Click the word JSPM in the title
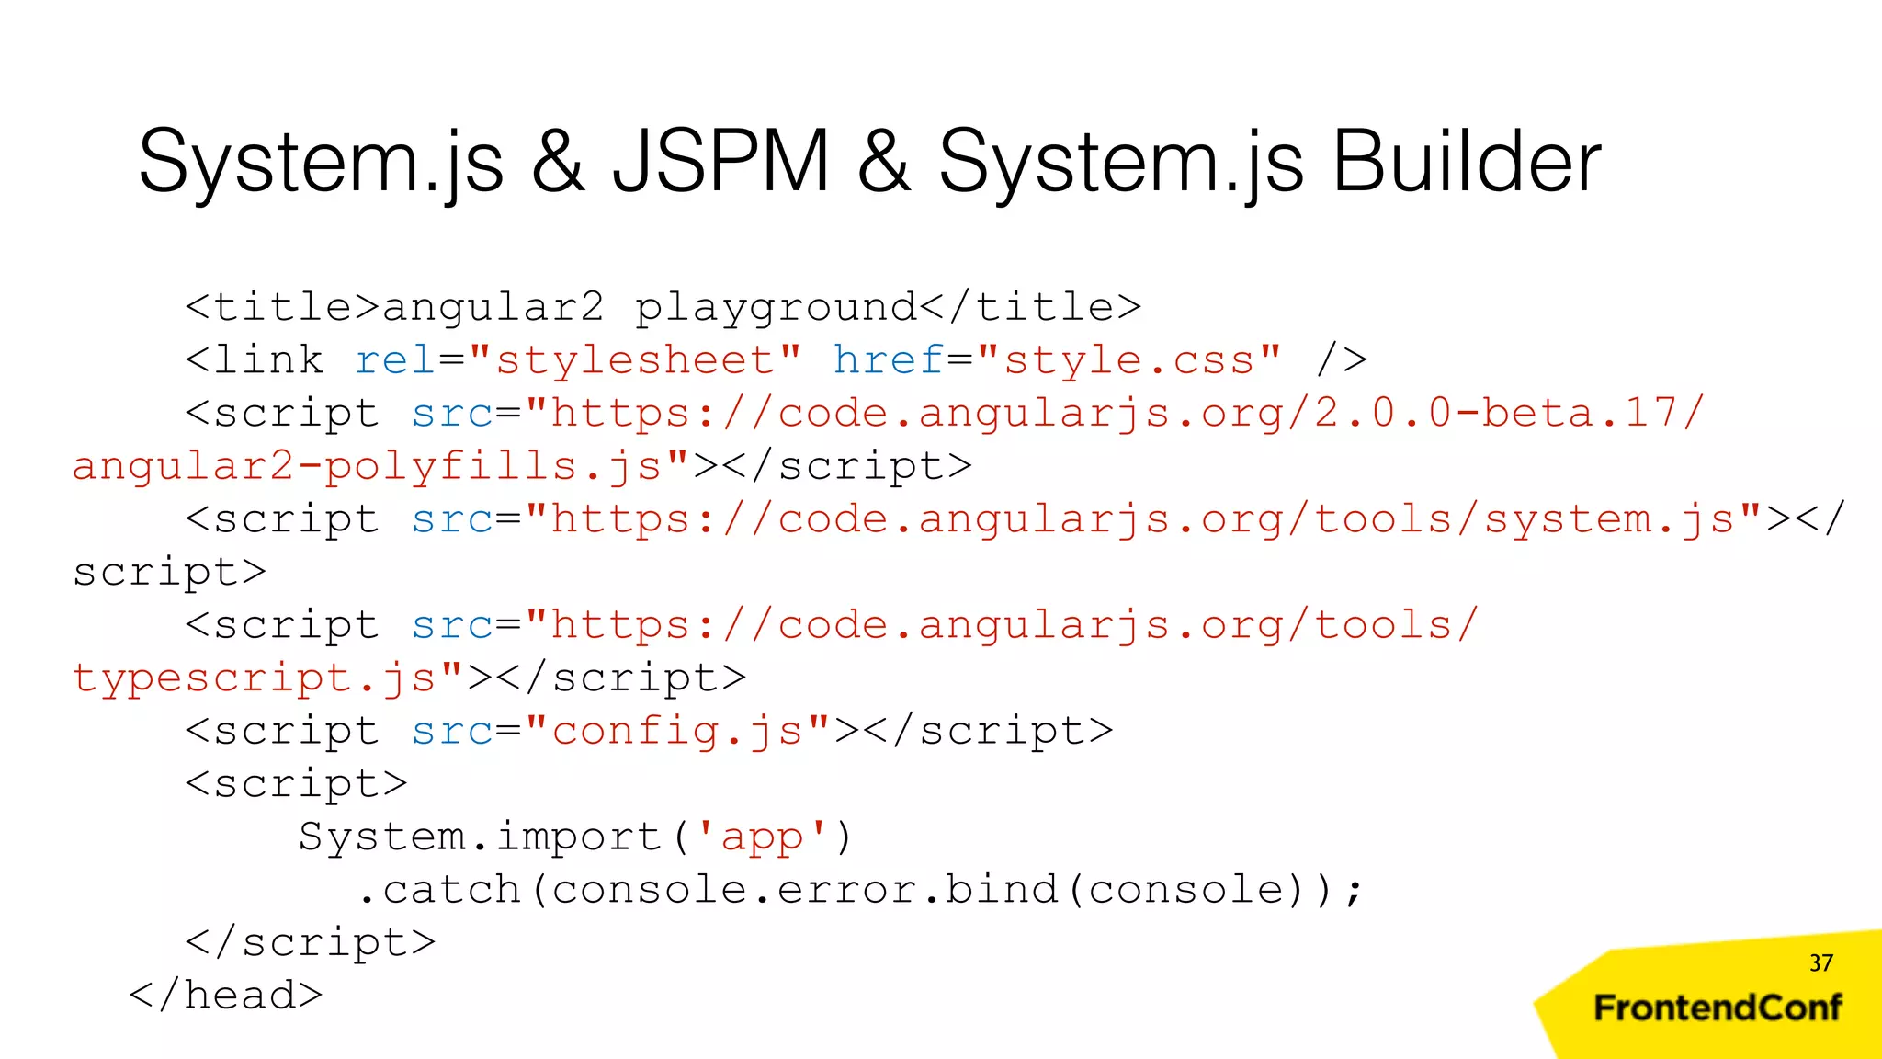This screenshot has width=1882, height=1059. (x=721, y=162)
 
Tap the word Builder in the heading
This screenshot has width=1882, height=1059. (x=1466, y=162)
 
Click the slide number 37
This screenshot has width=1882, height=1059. (x=1820, y=962)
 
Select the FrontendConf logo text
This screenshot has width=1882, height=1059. (x=1718, y=1008)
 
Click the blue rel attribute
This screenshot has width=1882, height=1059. (x=395, y=360)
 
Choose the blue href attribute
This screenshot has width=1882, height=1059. (x=889, y=360)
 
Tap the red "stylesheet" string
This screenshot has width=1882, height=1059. (x=635, y=360)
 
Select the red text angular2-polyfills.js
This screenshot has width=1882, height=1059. (x=368, y=467)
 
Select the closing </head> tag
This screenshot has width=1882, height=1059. (x=226, y=996)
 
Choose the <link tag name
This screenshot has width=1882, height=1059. (x=255, y=360)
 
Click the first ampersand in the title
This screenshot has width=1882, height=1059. (x=558, y=162)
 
